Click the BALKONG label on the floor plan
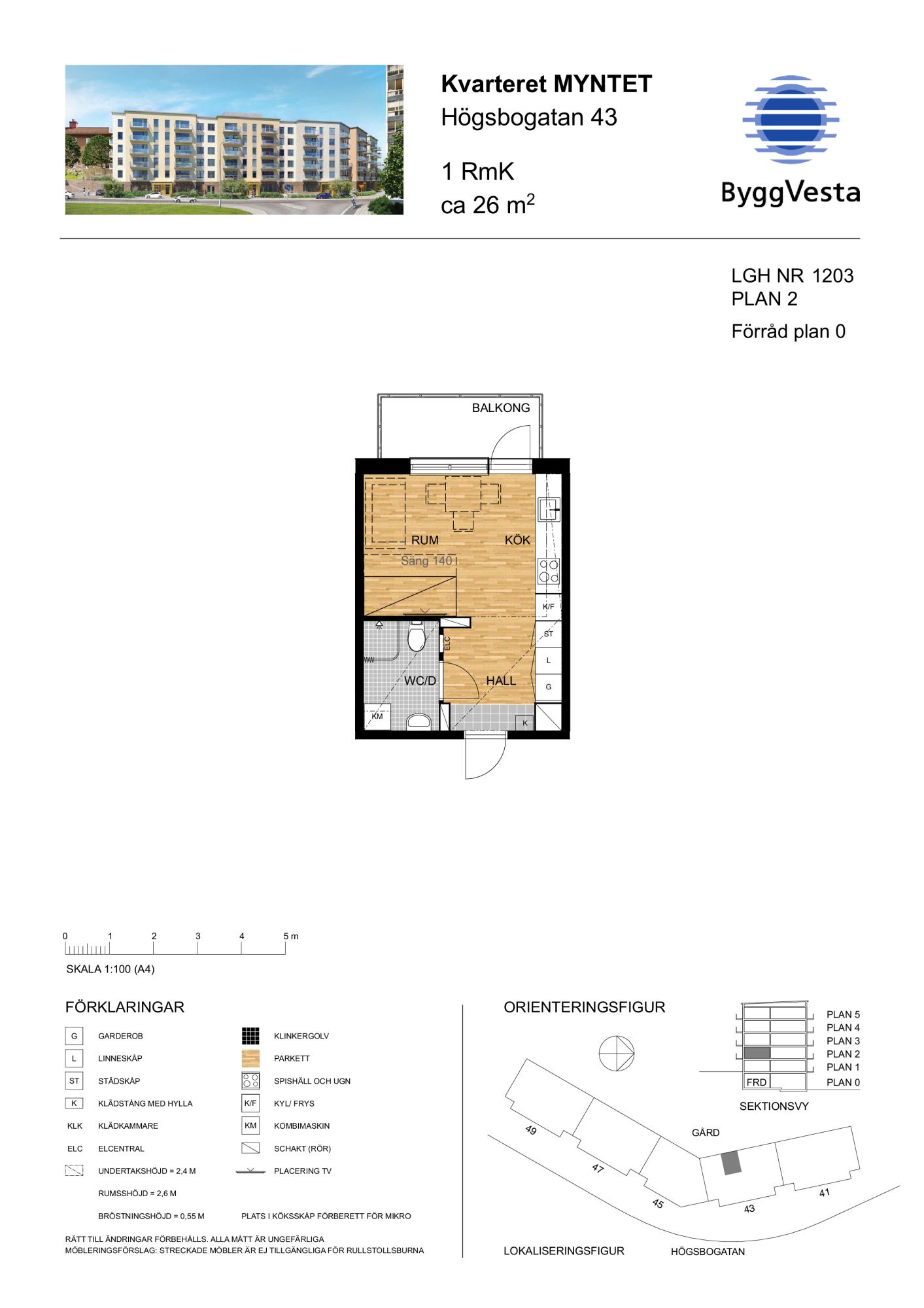point(501,408)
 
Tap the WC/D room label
point(420,681)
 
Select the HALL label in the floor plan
point(501,681)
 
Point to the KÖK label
point(517,540)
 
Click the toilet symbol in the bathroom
point(417,636)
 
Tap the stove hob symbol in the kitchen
point(549,572)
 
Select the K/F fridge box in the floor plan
point(549,607)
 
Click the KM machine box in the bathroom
point(377,717)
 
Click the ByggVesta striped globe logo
point(791,119)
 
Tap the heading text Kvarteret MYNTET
point(547,84)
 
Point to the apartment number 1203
point(832,276)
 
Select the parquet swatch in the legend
point(250,1058)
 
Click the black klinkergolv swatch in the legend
point(250,1036)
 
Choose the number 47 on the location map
point(597,1169)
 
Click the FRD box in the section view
point(757,1082)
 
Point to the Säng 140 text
point(426,561)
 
